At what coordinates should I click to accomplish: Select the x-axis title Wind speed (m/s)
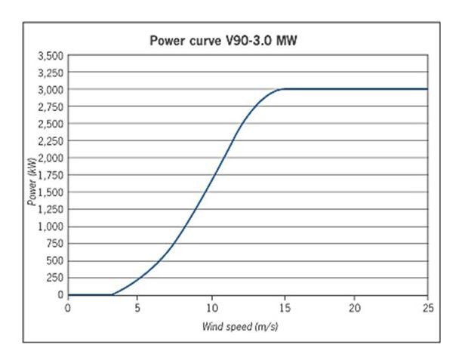pyautogui.click(x=248, y=326)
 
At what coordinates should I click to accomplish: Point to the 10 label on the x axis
pyautogui.click(x=211, y=308)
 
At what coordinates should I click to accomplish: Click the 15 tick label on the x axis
pyautogui.click(x=283, y=308)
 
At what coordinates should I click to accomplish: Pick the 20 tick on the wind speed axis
pyautogui.click(x=355, y=308)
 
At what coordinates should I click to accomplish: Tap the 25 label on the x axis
pyautogui.click(x=427, y=308)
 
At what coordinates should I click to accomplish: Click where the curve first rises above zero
pyautogui.click(x=113, y=294)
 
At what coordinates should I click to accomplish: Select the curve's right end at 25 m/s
pyautogui.click(x=427, y=89)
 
